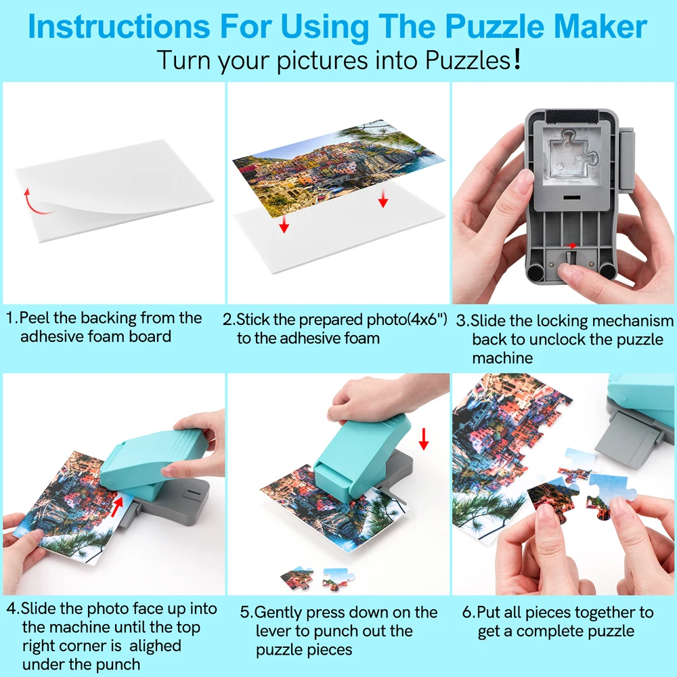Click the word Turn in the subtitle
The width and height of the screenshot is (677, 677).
point(184,60)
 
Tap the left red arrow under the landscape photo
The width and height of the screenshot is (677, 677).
point(284,223)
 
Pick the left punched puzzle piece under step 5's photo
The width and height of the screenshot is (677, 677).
point(297,577)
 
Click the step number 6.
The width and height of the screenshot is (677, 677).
point(467,613)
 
